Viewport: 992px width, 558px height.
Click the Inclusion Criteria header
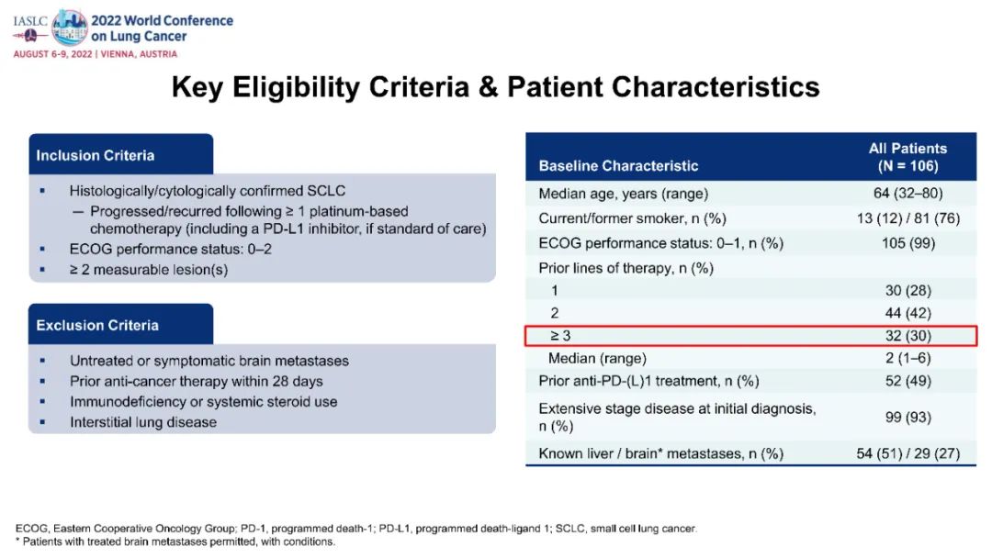click(95, 155)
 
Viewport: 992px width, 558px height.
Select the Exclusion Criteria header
click(97, 326)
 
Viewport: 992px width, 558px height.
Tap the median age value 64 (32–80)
click(907, 194)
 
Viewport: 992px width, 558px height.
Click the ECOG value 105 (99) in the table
click(907, 243)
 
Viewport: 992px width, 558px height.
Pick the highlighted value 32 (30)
click(907, 336)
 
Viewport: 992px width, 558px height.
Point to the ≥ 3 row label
click(560, 336)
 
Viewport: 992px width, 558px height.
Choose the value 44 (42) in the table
click(907, 313)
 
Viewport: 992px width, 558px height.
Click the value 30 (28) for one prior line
click(907, 291)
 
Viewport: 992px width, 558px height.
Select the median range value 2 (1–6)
click(907, 358)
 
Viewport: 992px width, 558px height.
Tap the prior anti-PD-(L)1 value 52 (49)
click(907, 381)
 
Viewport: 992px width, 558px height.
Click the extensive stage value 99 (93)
click(907, 417)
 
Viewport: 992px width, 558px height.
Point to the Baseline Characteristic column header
click(618, 166)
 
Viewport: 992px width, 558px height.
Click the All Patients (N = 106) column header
click(907, 157)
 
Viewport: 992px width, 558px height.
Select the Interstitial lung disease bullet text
click(143, 422)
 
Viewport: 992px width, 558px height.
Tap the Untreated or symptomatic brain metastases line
click(209, 361)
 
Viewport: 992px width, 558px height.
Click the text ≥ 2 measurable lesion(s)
click(149, 270)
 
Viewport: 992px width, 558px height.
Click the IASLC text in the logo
click(30, 21)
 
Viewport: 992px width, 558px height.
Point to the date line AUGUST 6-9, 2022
click(52, 54)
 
